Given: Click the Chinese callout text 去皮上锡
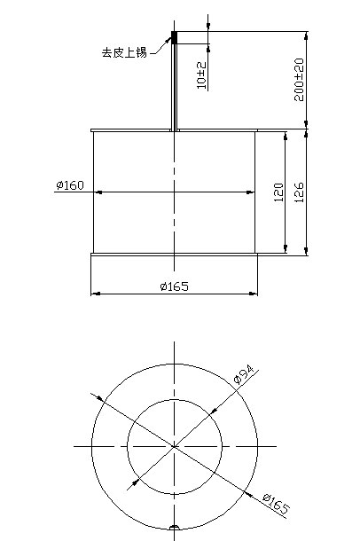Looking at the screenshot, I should pos(124,52).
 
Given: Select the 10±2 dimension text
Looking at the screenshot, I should pos(201,75).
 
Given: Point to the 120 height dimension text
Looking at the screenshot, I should pos(278,192).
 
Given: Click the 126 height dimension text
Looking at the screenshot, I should pos(299,192).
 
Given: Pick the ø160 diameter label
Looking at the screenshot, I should pos(69,185).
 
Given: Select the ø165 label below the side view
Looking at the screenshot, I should pos(175,286).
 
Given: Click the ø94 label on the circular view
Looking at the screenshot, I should pos(244,373).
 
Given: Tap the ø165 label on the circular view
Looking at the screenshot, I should pos(276,505).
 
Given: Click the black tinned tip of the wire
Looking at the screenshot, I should pos(175,38).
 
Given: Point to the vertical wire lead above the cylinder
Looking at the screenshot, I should pos(175,89).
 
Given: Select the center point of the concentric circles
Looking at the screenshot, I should pos(175,444).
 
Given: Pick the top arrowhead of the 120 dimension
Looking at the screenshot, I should pos(286,136).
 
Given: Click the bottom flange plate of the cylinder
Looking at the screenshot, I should pos(175,255).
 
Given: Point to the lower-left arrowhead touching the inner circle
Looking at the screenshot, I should pos(136,482).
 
